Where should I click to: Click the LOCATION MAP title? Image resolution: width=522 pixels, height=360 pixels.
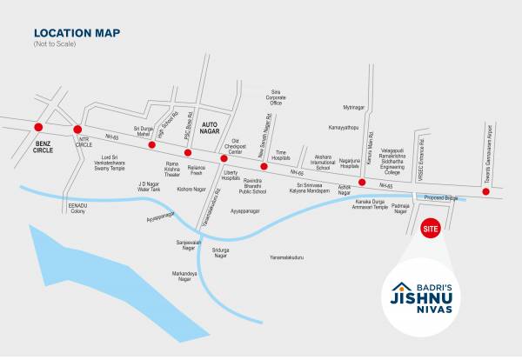77,33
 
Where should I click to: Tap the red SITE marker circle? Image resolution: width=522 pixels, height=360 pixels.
429,229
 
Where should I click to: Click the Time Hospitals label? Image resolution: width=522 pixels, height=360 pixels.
280,154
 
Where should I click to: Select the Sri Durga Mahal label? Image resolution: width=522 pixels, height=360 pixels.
143,130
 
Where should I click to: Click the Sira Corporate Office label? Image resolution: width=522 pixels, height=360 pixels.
276,97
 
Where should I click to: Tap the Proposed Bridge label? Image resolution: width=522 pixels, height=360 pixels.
438,197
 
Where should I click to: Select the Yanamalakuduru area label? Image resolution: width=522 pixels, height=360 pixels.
286,257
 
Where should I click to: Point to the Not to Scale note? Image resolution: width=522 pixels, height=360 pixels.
55,43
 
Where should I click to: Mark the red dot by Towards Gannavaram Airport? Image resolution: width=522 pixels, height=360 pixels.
485,191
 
